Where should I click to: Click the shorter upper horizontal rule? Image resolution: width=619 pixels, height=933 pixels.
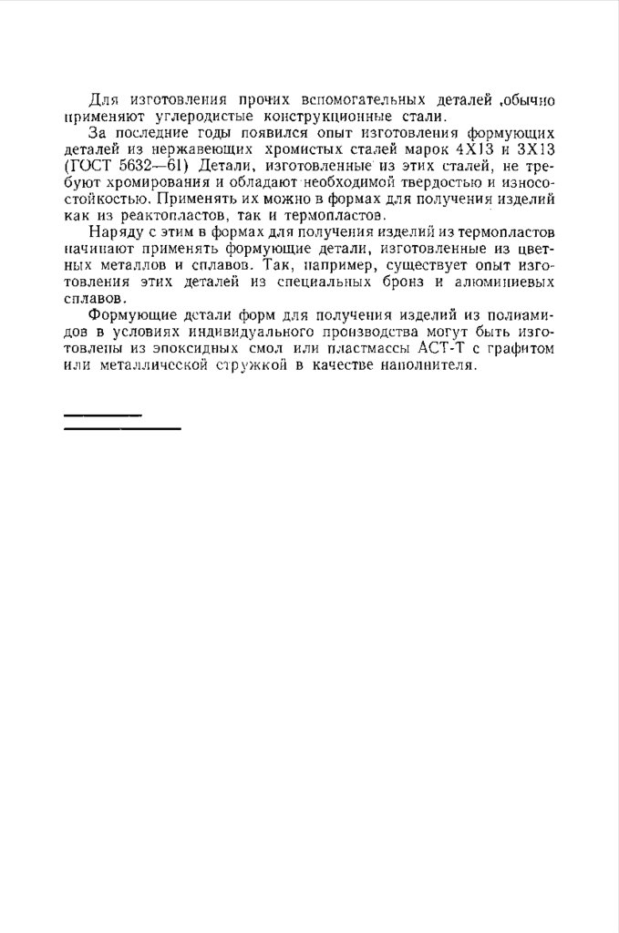point(103,415)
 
